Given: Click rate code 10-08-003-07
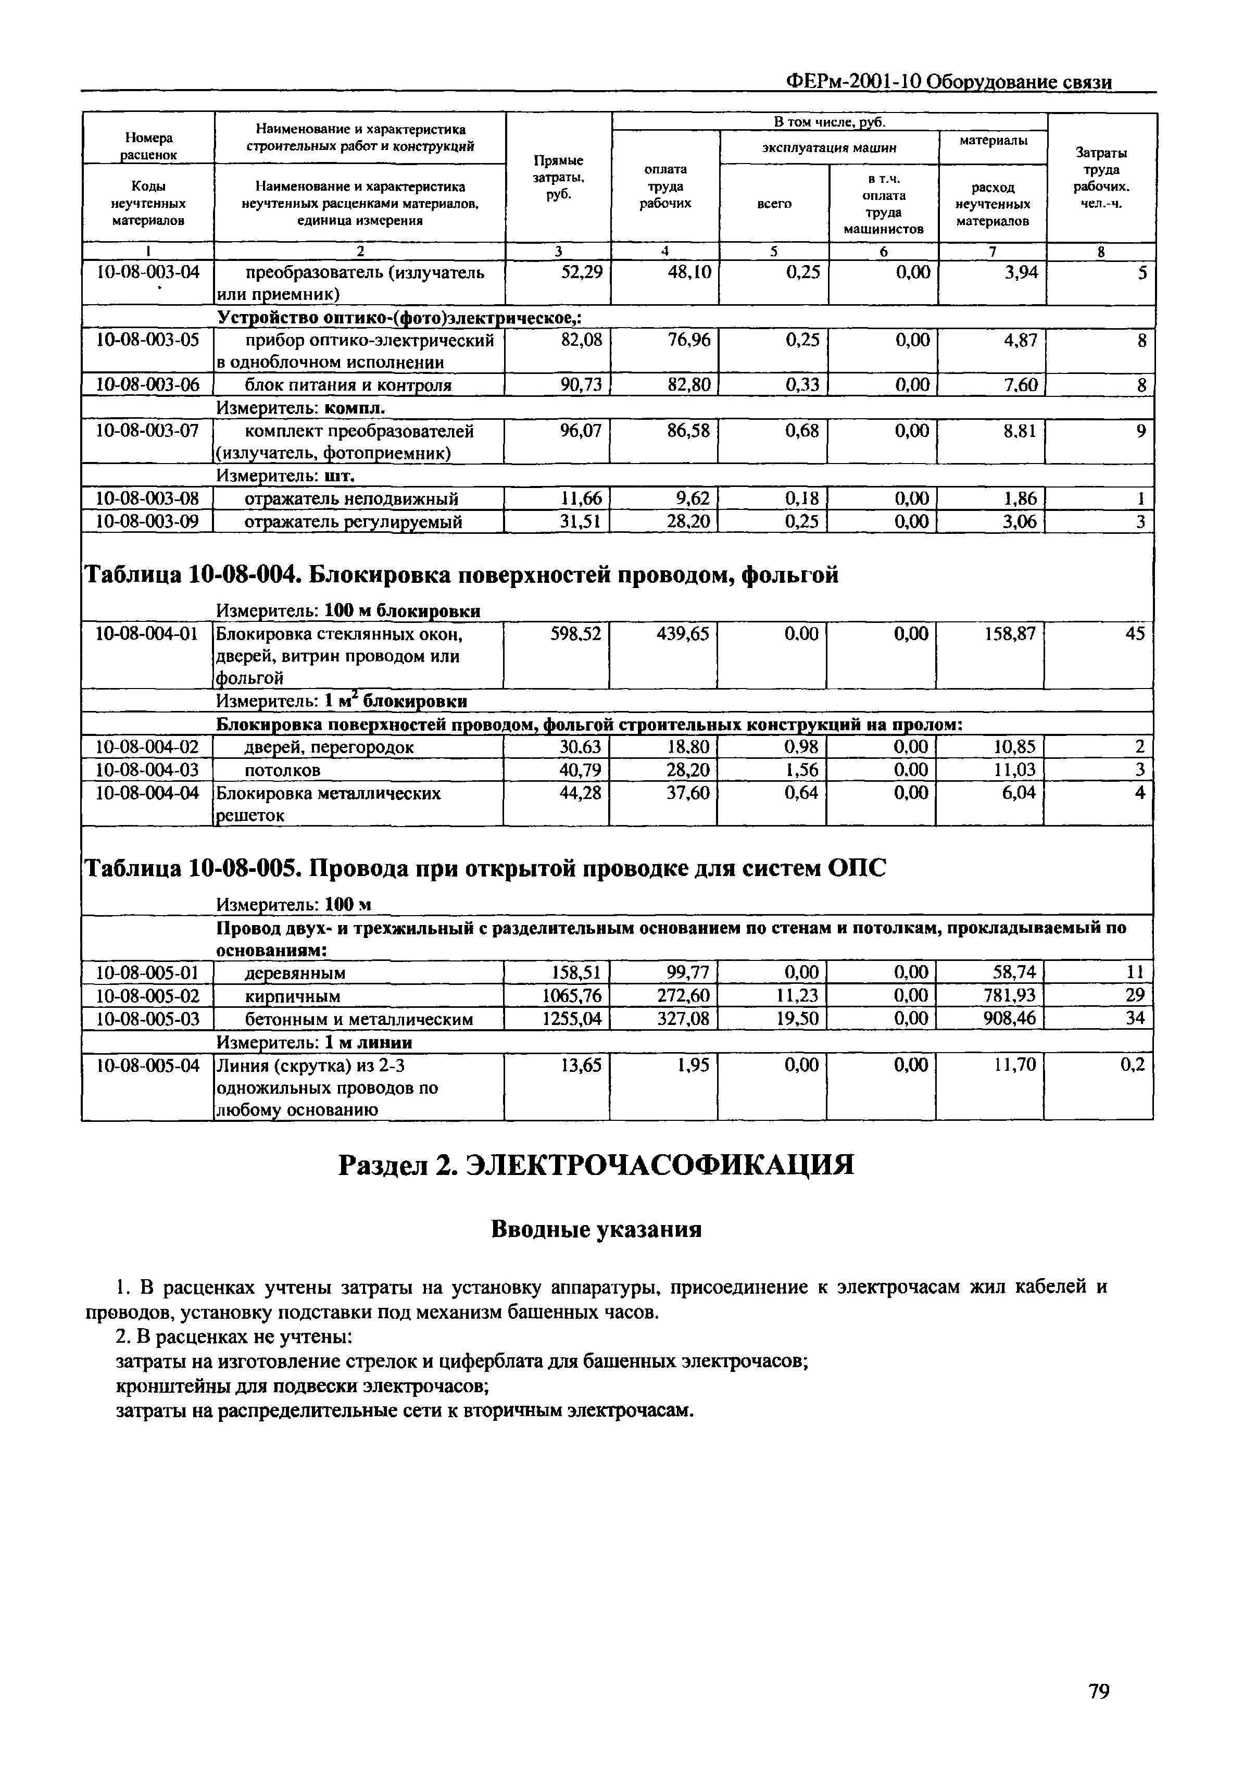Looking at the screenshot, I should pyautogui.click(x=147, y=430).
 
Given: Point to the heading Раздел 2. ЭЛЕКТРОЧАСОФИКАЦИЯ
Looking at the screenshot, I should pyautogui.click(x=596, y=1165).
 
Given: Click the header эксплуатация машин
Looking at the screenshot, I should pyautogui.click(x=829, y=146).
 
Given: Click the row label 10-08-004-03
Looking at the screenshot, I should pyautogui.click(x=147, y=770).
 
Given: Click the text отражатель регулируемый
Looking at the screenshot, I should pyautogui.click(x=353, y=521).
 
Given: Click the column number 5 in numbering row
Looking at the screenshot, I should pyautogui.click(x=773, y=252).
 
